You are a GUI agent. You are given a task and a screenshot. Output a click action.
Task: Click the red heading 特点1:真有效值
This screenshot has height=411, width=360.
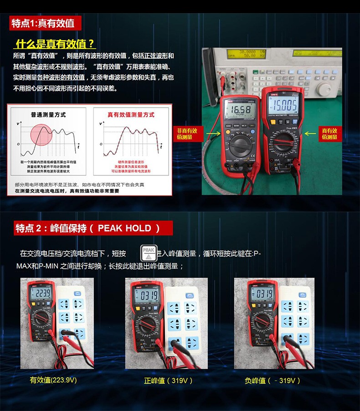tap(42, 23)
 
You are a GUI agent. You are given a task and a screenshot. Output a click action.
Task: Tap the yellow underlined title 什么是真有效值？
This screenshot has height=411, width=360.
tap(55, 44)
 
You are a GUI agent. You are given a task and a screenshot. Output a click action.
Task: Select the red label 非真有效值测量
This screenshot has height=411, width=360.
tap(187, 134)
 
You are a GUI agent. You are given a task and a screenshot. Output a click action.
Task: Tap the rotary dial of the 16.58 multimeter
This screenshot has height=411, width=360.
tap(241, 147)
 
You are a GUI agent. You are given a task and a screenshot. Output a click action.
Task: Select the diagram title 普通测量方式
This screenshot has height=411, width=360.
tap(48, 115)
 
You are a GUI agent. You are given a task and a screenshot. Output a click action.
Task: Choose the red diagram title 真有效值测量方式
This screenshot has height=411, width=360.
tap(131, 115)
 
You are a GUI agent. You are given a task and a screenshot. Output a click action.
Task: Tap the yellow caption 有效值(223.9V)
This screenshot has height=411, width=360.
tap(53, 380)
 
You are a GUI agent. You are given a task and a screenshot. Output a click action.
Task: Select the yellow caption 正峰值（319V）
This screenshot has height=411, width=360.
tap(168, 380)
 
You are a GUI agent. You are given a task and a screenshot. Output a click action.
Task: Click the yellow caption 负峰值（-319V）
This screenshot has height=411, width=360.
tap(273, 380)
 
